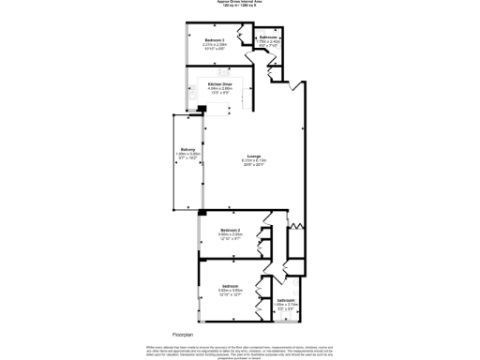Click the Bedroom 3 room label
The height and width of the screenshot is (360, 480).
pos(215,40)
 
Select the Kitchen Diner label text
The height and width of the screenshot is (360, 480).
pos(221,84)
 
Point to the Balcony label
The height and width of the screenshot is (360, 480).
pos(187,150)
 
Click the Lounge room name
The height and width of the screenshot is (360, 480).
pos(253,156)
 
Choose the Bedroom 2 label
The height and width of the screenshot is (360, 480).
pos(231,230)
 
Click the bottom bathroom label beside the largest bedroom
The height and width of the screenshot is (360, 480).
pos(286,300)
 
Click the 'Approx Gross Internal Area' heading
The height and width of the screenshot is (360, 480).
pos(240,3)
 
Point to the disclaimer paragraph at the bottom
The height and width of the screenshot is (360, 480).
pos(240,350)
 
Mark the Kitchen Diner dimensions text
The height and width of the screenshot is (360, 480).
pos(221,92)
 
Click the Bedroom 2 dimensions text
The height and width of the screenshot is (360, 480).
pos(231,236)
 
